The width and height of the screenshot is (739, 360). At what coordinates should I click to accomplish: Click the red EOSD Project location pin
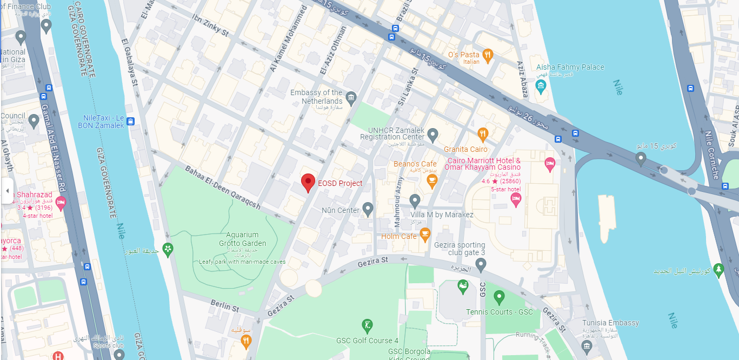(x=308, y=182)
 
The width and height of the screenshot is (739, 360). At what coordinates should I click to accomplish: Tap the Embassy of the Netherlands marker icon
(x=351, y=98)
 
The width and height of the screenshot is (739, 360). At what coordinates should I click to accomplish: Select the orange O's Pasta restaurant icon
(x=488, y=54)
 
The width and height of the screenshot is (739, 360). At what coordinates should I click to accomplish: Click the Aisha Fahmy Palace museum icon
(x=540, y=85)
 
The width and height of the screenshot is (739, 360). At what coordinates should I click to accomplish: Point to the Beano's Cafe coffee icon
(x=431, y=181)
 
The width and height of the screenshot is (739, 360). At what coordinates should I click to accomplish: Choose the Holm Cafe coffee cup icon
(x=425, y=234)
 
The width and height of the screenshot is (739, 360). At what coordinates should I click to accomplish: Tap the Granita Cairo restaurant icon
(x=483, y=134)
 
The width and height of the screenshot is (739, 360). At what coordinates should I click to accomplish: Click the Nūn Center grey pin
(x=368, y=208)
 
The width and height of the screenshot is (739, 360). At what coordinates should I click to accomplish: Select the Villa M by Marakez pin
(x=415, y=201)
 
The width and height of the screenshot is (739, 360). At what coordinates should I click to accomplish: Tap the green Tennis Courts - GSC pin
(x=499, y=296)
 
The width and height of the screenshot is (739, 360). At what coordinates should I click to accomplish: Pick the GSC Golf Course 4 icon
(x=367, y=325)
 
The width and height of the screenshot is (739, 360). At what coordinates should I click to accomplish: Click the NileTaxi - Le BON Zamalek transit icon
(x=131, y=122)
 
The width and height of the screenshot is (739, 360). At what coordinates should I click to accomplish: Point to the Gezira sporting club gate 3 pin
(x=481, y=264)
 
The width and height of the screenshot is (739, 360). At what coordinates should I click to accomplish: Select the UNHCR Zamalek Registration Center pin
(x=432, y=133)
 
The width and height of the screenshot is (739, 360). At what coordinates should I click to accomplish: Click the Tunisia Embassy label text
(x=610, y=323)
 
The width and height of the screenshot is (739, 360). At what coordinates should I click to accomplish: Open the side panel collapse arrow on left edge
(x=7, y=191)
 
